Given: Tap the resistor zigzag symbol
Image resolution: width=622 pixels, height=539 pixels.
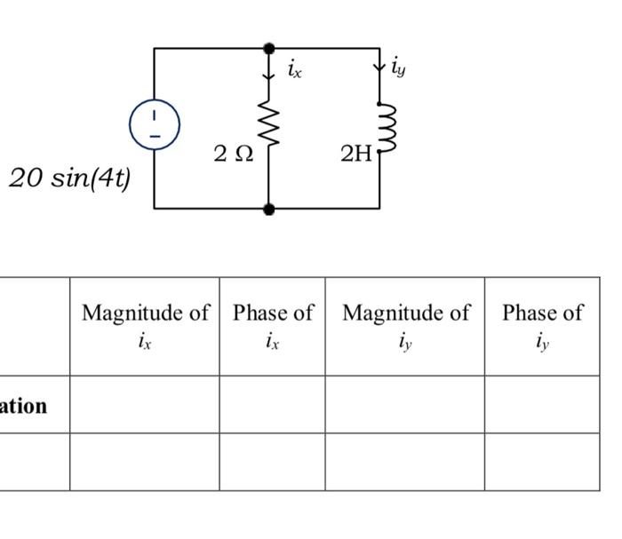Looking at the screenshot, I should click(x=268, y=126).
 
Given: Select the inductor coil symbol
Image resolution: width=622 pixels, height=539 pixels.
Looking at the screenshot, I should click(x=383, y=127).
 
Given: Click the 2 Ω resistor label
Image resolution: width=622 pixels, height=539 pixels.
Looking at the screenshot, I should click(x=234, y=154).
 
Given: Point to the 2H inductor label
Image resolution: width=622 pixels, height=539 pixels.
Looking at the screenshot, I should click(x=355, y=154).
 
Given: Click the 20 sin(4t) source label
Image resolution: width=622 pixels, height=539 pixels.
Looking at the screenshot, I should click(x=69, y=178).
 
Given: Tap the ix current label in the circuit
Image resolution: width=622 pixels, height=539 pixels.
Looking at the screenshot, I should click(x=294, y=69).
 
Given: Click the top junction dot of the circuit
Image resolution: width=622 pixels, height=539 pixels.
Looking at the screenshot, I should click(x=269, y=48).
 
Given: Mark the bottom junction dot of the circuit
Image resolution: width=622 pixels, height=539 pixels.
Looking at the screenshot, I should click(x=269, y=209).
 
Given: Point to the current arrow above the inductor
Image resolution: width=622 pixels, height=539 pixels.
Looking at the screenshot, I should click(x=379, y=67).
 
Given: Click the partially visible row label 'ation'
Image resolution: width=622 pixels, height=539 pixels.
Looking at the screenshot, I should click(x=24, y=406).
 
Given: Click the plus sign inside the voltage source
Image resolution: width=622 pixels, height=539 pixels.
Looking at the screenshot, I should click(x=155, y=115).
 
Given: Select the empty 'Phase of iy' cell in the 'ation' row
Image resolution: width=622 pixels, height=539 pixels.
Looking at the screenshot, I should click(x=542, y=405).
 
